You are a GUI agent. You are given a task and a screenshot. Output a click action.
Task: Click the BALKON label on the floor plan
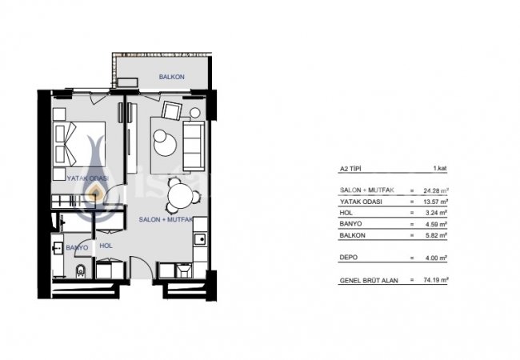[x=171, y=77]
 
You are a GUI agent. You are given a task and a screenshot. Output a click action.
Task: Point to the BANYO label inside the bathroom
[x=78, y=247]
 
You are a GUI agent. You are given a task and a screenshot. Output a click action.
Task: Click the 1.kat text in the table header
[x=439, y=170]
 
